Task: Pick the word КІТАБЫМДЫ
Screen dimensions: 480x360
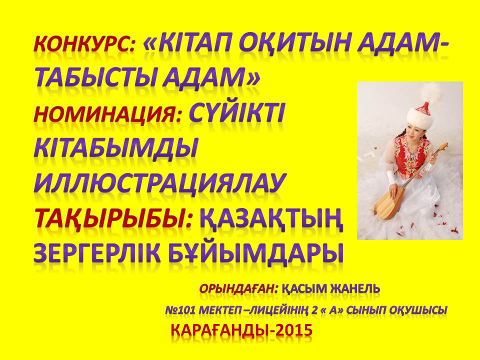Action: point(115,150)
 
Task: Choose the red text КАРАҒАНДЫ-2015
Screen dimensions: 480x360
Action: point(241,330)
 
